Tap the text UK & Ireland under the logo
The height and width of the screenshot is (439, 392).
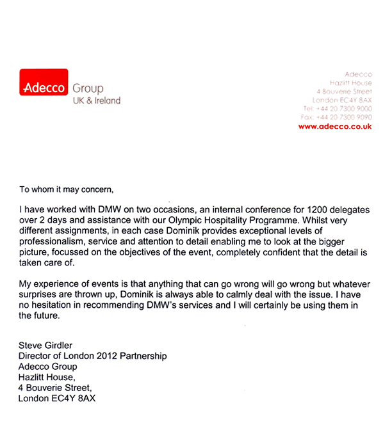[x=96, y=100]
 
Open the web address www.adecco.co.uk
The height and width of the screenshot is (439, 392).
[x=335, y=127]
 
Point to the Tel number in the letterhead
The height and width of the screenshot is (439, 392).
[x=336, y=109]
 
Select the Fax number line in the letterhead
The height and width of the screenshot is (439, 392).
[x=336, y=118]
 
